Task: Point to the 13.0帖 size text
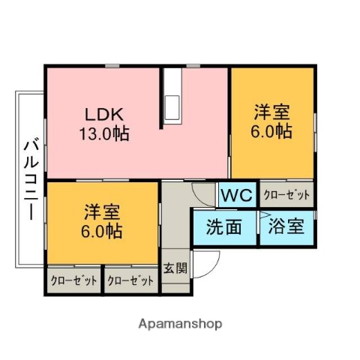[x=103, y=135]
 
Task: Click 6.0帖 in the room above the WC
[x=271, y=131]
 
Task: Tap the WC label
[x=238, y=196]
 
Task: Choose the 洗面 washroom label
[x=224, y=226]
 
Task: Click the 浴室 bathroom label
[x=287, y=226]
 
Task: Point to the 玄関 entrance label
[x=175, y=268]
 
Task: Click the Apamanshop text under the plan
[x=180, y=324]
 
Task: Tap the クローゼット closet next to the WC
[x=286, y=195]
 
